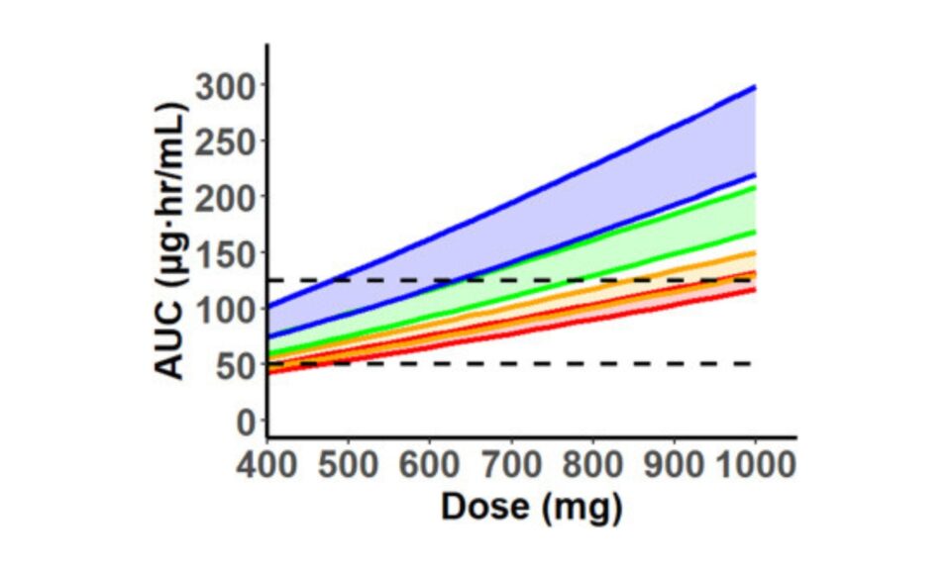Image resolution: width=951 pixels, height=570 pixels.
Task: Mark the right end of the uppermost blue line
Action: coord(755,87)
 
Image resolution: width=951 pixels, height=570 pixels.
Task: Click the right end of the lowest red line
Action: coord(755,290)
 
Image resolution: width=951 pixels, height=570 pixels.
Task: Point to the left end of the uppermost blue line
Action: coord(269,308)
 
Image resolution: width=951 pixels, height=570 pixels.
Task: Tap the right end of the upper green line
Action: coord(755,187)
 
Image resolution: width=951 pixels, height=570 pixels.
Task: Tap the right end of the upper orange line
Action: coord(755,252)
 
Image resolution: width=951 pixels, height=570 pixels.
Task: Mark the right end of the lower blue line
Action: coord(755,175)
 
